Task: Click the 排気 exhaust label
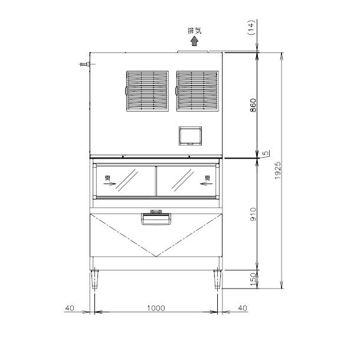(x=193, y=31)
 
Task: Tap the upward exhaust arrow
(x=193, y=43)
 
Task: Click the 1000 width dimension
(x=156, y=308)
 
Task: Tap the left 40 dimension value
(x=70, y=308)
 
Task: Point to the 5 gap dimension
(x=267, y=154)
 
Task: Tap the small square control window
(x=191, y=135)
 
